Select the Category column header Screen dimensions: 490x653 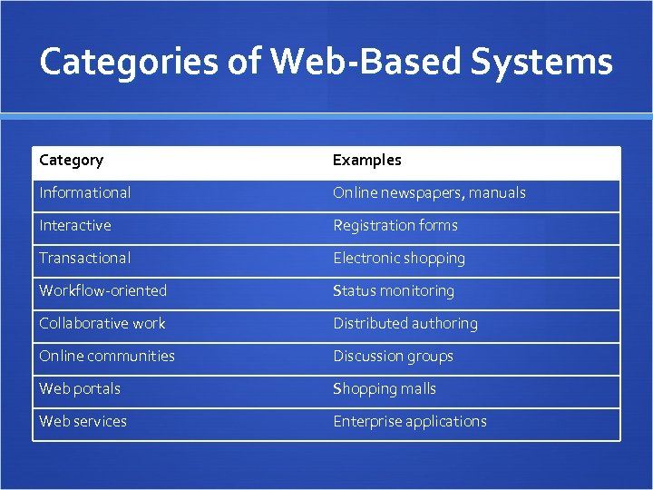(72, 161)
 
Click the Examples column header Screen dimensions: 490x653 (366, 161)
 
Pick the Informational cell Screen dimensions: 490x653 (84, 193)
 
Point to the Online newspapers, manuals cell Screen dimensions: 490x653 (429, 193)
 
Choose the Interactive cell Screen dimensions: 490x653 (75, 226)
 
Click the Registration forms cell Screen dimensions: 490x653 (395, 226)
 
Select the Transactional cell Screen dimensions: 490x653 (84, 259)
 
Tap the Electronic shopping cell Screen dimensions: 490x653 (399, 259)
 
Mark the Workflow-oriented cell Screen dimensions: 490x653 (102, 291)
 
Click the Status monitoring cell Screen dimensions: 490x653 (394, 291)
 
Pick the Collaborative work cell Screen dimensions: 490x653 (102, 324)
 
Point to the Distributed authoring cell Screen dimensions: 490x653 (405, 324)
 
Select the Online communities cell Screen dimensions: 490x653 (107, 357)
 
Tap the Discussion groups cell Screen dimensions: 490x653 (393, 357)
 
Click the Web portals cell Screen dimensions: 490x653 (80, 389)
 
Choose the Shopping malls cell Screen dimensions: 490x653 (385, 389)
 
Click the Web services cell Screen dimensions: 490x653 (83, 422)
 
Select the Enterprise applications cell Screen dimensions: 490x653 (410, 422)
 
